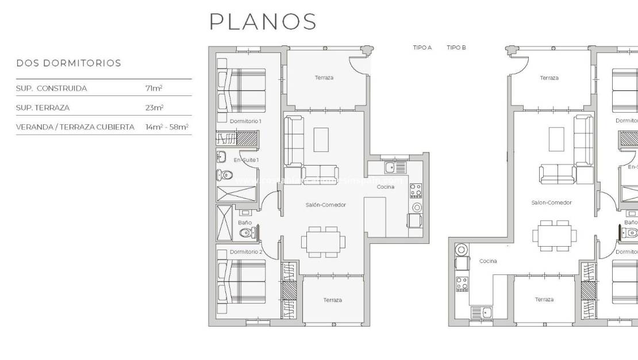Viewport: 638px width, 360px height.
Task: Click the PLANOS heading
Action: pos(263,22)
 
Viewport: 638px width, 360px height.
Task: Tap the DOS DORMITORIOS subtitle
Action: pos(68,63)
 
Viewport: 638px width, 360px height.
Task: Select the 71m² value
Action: pos(153,89)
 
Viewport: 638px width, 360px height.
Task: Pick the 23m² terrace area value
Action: pos(155,108)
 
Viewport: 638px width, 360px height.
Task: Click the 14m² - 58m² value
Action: pos(167,127)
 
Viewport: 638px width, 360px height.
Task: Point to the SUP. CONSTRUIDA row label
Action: pos(52,89)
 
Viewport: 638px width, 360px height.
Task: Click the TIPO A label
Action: pos(422,48)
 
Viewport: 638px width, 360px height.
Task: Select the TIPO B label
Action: pos(456,48)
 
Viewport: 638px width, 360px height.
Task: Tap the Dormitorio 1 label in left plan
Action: pos(245,121)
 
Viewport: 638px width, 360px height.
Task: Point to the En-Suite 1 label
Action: pos(246,159)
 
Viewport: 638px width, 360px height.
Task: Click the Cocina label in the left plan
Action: pos(385,187)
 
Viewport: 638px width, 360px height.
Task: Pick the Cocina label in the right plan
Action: pos(488,261)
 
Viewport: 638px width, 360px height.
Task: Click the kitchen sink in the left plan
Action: pos(390,167)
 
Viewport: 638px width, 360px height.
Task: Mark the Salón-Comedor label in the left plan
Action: pos(326,205)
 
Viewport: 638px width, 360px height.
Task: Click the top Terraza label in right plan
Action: pos(549,78)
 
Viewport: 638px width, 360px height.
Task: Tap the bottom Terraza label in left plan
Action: pos(332,300)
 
